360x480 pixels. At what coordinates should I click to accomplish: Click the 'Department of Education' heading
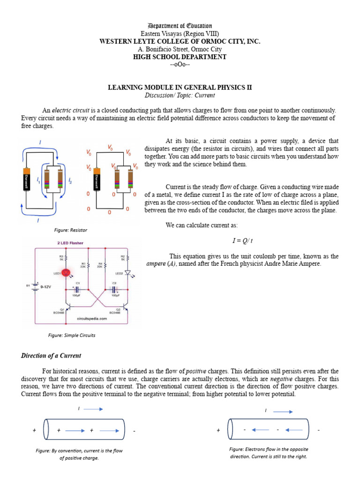pos(180,26)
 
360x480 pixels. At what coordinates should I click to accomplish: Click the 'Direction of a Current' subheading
pos(51,356)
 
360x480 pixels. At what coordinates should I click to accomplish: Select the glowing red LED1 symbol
pos(66,272)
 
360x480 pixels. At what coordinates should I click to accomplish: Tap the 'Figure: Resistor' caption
pos(71,230)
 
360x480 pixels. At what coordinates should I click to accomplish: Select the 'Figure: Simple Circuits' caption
pos(72,335)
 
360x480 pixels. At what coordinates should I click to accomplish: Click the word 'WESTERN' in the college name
pos(113,41)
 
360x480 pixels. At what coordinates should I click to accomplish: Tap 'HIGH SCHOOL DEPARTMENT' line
pos(180,57)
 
